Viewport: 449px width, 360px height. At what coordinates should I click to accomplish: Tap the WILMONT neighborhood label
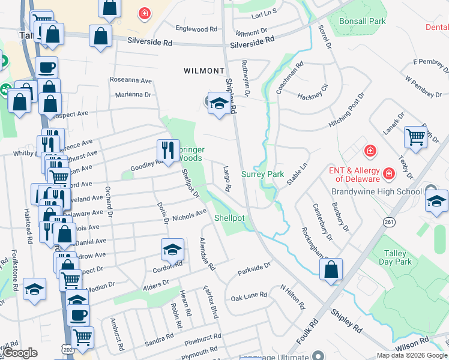coord(203,71)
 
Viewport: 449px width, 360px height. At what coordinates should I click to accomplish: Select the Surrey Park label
coord(262,174)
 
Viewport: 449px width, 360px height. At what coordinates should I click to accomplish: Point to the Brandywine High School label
coord(376,191)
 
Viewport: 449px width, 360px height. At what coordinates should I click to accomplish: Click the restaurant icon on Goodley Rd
coord(167,149)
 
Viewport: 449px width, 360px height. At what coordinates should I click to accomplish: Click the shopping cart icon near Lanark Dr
coord(415,137)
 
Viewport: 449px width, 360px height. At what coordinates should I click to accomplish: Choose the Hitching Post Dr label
coord(346,110)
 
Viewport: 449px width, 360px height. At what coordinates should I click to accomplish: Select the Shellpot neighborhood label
coord(229,218)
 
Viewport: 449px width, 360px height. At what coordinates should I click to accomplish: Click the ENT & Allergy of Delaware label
coord(354,175)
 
